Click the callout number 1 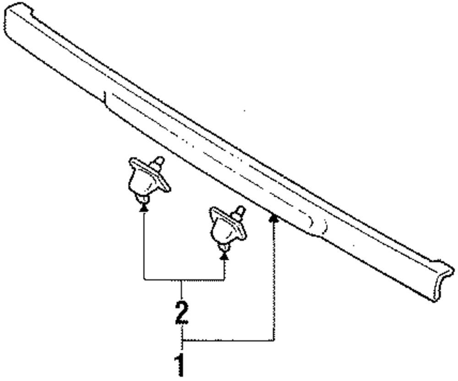(182, 365)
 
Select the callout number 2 (182, 312)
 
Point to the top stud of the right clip (239, 213)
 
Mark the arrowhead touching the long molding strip (274, 218)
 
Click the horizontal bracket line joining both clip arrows (183, 279)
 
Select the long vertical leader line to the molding (274, 279)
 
